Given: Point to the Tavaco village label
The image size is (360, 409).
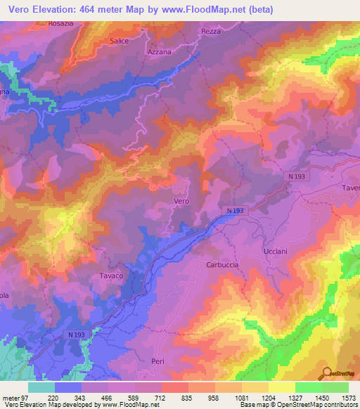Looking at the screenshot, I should (111, 275).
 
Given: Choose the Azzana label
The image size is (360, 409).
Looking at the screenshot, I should (160, 53).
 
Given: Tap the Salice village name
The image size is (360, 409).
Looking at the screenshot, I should (119, 41).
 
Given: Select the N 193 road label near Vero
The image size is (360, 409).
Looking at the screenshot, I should (235, 210).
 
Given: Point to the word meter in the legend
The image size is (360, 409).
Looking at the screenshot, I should (11, 397).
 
